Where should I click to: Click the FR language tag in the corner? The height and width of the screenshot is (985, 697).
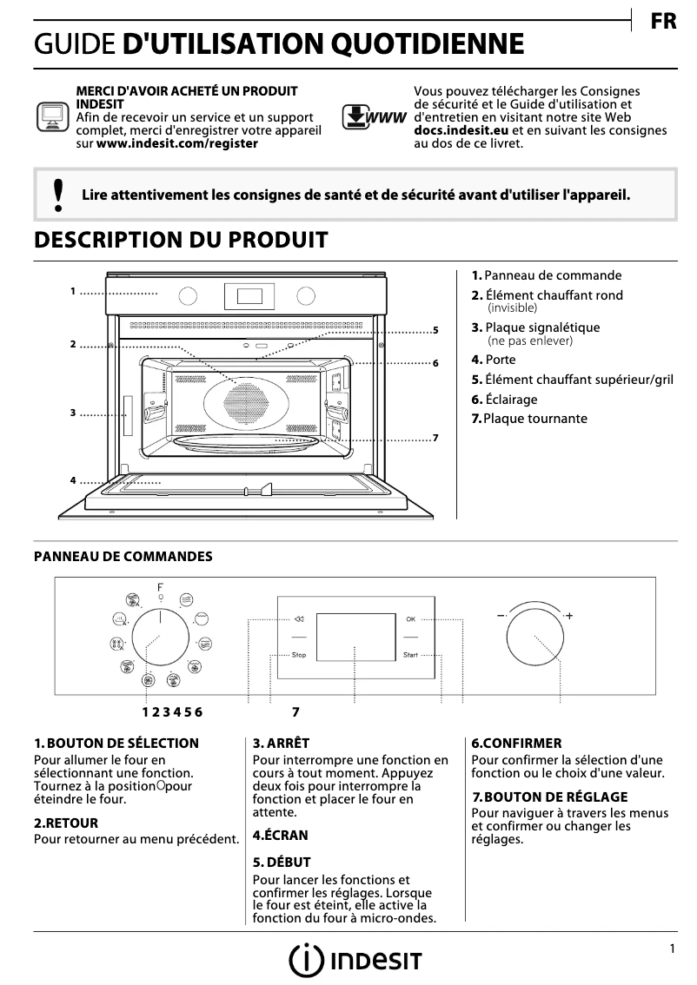(663, 22)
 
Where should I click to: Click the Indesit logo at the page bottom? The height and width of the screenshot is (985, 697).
(355, 960)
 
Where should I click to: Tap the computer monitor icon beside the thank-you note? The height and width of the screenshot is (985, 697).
(51, 116)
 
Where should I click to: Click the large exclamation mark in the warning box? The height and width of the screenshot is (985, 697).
(57, 195)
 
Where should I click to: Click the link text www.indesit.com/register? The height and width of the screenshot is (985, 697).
(176, 143)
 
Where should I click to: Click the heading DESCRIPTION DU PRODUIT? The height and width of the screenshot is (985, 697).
(181, 240)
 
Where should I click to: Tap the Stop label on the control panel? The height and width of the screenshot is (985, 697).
(299, 655)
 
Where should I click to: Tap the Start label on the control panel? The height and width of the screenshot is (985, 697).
(410, 655)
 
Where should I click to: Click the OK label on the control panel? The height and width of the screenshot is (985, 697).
(411, 619)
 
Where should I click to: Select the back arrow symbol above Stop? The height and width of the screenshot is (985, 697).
(299, 619)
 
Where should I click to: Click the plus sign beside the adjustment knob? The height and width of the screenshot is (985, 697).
(569, 615)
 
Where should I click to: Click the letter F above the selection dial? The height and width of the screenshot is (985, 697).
(160, 588)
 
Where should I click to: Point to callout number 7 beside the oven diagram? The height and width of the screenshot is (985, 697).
(435, 437)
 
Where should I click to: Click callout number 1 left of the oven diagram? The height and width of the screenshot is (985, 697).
(73, 292)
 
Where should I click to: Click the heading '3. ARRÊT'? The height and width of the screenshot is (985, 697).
(281, 744)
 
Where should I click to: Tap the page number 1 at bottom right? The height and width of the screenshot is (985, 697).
(672, 949)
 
